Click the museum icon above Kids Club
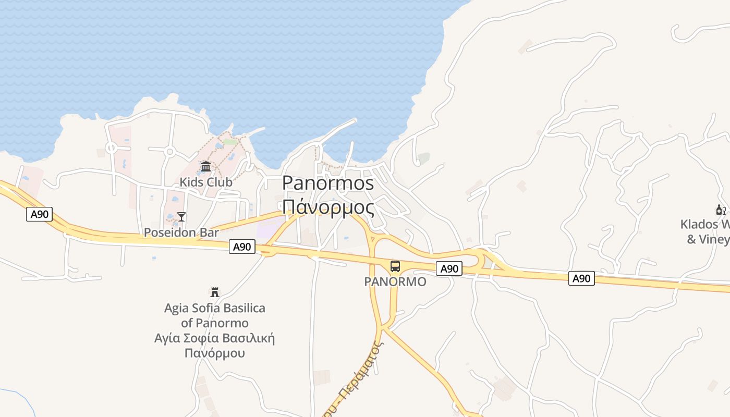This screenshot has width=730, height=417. (206, 167)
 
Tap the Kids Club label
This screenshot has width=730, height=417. (206, 182)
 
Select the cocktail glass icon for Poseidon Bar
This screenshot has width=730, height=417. (181, 217)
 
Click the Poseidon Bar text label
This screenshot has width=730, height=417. (181, 232)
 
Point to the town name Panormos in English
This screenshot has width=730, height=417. (328, 183)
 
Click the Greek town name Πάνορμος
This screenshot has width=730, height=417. (328, 207)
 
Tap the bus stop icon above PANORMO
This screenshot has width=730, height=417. (395, 266)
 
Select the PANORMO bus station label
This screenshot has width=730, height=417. (395, 282)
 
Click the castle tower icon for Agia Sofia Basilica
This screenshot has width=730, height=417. (214, 292)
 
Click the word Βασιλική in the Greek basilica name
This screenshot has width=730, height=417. (248, 338)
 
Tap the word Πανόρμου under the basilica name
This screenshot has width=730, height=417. (214, 353)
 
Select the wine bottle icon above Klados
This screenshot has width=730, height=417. (721, 210)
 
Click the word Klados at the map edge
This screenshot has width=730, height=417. (699, 224)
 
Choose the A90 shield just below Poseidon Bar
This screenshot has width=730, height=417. (242, 247)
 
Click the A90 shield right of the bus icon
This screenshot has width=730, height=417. (449, 268)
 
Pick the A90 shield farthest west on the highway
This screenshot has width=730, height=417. (40, 214)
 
